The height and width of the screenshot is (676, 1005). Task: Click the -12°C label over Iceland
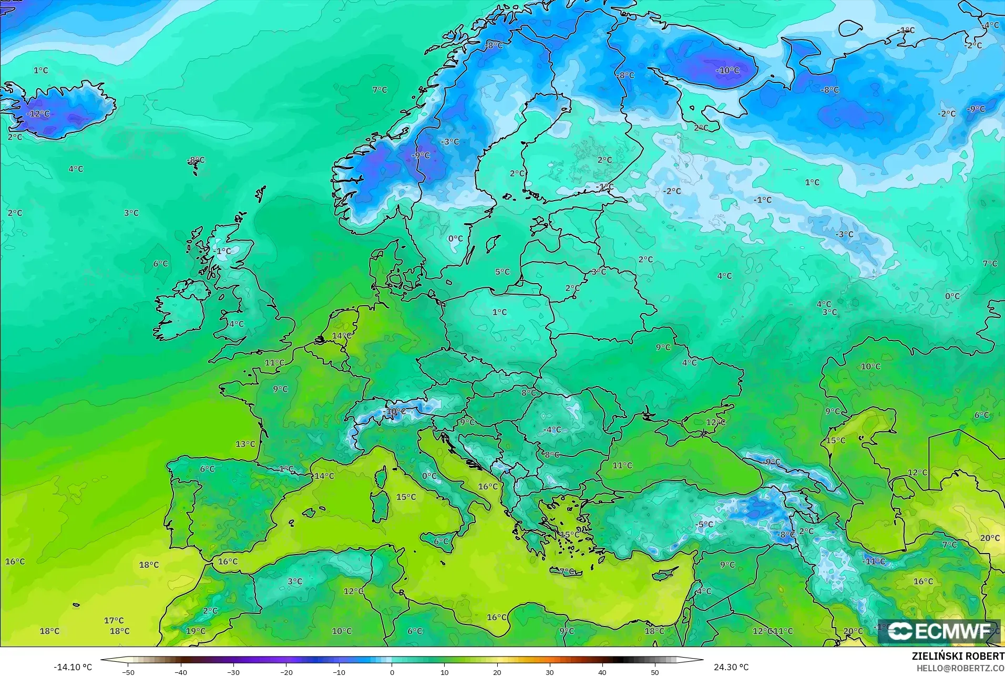coord(38,114)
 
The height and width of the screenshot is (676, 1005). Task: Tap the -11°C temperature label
coord(874,561)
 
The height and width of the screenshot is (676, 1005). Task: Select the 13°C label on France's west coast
coord(245,444)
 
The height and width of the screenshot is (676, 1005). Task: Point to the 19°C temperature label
coord(196,631)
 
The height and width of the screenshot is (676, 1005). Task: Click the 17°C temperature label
coord(114,620)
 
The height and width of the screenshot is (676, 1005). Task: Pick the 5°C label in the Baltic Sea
coord(502,272)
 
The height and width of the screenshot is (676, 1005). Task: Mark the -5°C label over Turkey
coord(704,524)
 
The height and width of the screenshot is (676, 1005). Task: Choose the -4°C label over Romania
coord(552,429)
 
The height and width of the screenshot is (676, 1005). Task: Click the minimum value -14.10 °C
coord(73,667)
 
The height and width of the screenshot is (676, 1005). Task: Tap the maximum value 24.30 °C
coord(731,667)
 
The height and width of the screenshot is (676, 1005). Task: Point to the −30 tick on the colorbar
coord(233,672)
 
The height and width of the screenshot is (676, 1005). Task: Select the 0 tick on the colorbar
coord(392,672)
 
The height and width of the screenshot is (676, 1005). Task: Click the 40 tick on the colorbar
coord(602,672)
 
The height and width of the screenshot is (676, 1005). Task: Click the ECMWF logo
coord(938,631)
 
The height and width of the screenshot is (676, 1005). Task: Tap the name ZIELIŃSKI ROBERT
coord(958,657)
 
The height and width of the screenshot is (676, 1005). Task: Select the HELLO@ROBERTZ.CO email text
coord(960,668)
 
